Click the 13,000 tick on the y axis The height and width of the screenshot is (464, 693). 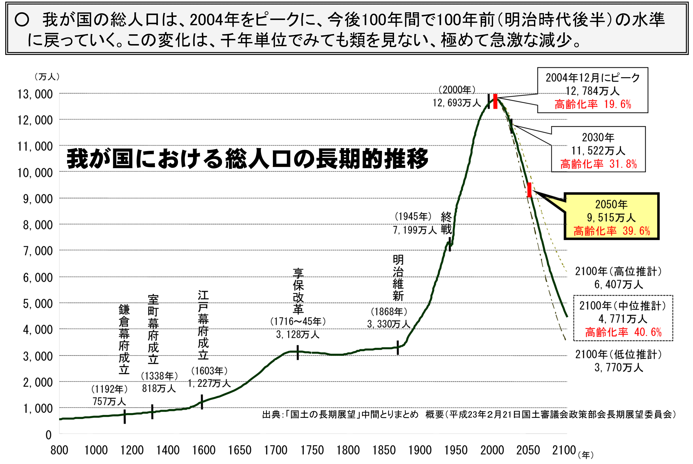(x=35, y=94)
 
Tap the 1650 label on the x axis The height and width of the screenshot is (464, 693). (x=239, y=450)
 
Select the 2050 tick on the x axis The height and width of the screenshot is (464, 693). (x=528, y=450)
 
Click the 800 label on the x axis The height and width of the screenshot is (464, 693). (x=59, y=450)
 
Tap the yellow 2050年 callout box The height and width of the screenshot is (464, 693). (x=611, y=216)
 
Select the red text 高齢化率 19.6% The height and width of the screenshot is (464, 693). (x=593, y=104)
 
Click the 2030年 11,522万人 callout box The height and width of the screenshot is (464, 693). (x=598, y=149)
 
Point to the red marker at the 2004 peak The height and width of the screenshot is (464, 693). (x=495, y=102)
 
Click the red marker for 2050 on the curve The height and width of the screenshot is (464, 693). (x=529, y=190)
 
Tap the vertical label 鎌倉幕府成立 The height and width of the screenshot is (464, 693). (x=124, y=339)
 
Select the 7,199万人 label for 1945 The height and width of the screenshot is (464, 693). (x=415, y=230)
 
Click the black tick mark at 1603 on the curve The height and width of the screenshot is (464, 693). (x=202, y=402)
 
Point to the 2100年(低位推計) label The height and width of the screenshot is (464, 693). (x=618, y=354)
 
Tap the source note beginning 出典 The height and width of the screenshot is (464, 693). (x=469, y=414)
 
